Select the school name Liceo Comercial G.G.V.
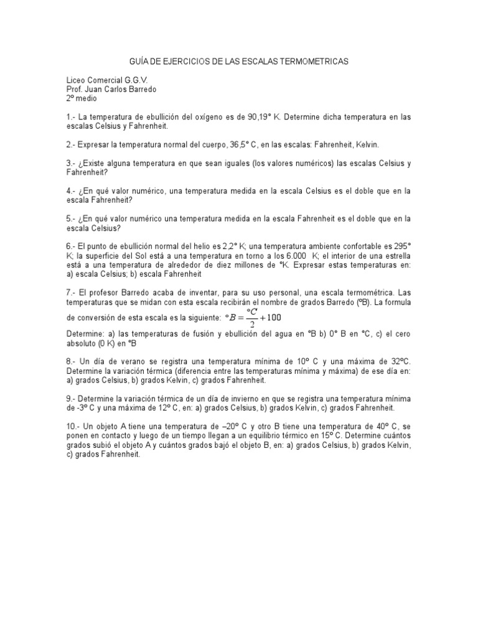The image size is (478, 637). click(107, 80)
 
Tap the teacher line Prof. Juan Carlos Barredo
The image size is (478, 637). click(111, 90)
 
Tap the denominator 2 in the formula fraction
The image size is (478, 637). click(251, 323)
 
